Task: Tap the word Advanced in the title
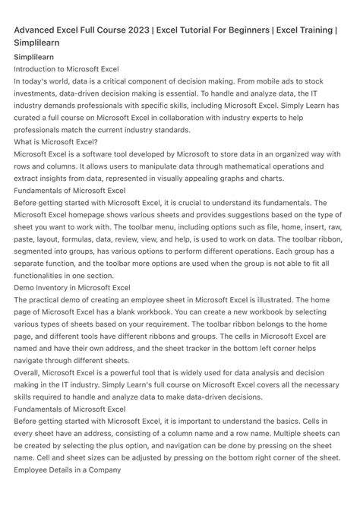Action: [39, 30]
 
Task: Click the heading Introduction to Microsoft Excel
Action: [67, 68]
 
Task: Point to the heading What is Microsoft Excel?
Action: [55, 142]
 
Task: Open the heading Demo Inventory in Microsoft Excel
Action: [72, 288]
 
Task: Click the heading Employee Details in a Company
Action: [68, 470]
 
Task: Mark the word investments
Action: [39, 93]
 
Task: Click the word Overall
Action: [28, 373]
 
